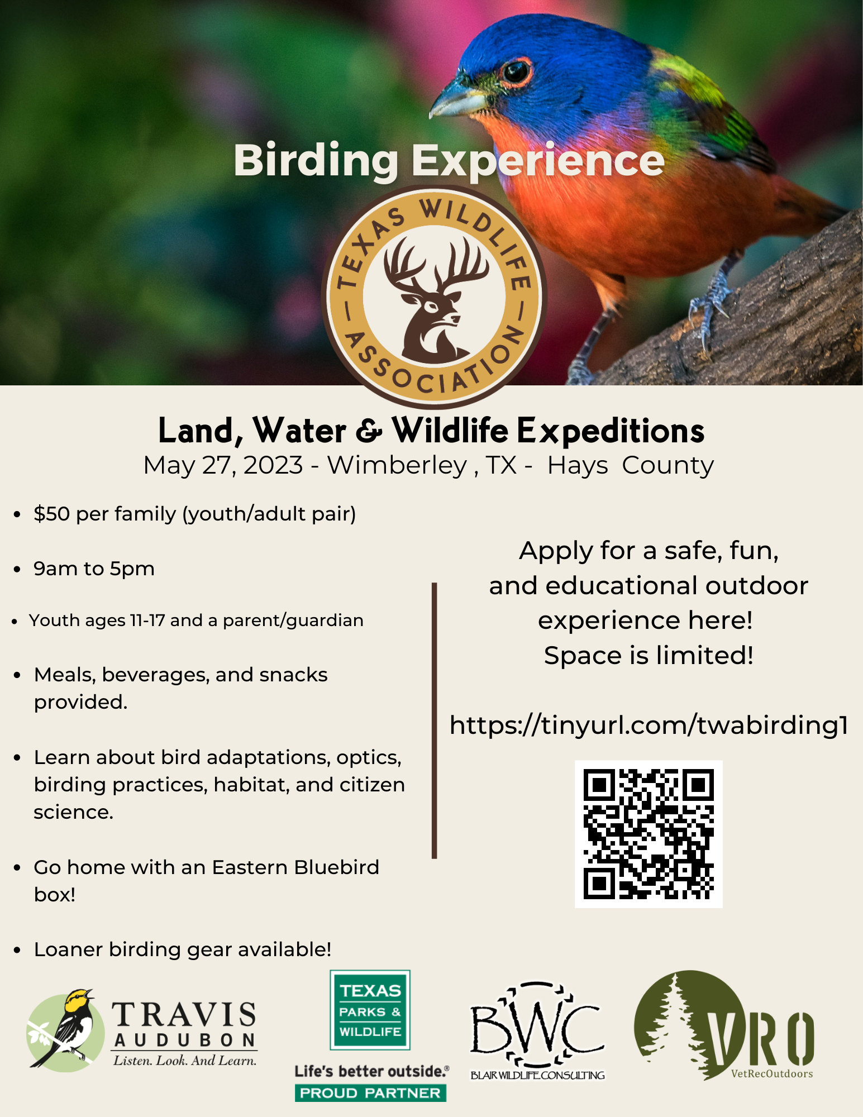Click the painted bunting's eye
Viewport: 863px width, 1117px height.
[516, 71]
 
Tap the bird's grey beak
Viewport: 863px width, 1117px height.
[455, 99]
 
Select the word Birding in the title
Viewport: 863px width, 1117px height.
[316, 161]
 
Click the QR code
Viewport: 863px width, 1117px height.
[649, 834]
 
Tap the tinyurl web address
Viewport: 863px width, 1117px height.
[649, 725]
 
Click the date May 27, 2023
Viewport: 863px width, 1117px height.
[223, 465]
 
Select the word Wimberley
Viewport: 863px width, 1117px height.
[397, 465]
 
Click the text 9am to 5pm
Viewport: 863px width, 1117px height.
[94, 569]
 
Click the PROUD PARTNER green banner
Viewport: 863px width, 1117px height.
[370, 1093]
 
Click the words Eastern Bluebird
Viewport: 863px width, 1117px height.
[295, 867]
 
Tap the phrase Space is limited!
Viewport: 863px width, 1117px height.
[649, 656]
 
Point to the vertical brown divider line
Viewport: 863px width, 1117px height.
[434, 720]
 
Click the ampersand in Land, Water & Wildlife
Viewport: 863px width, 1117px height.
[369, 431]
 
